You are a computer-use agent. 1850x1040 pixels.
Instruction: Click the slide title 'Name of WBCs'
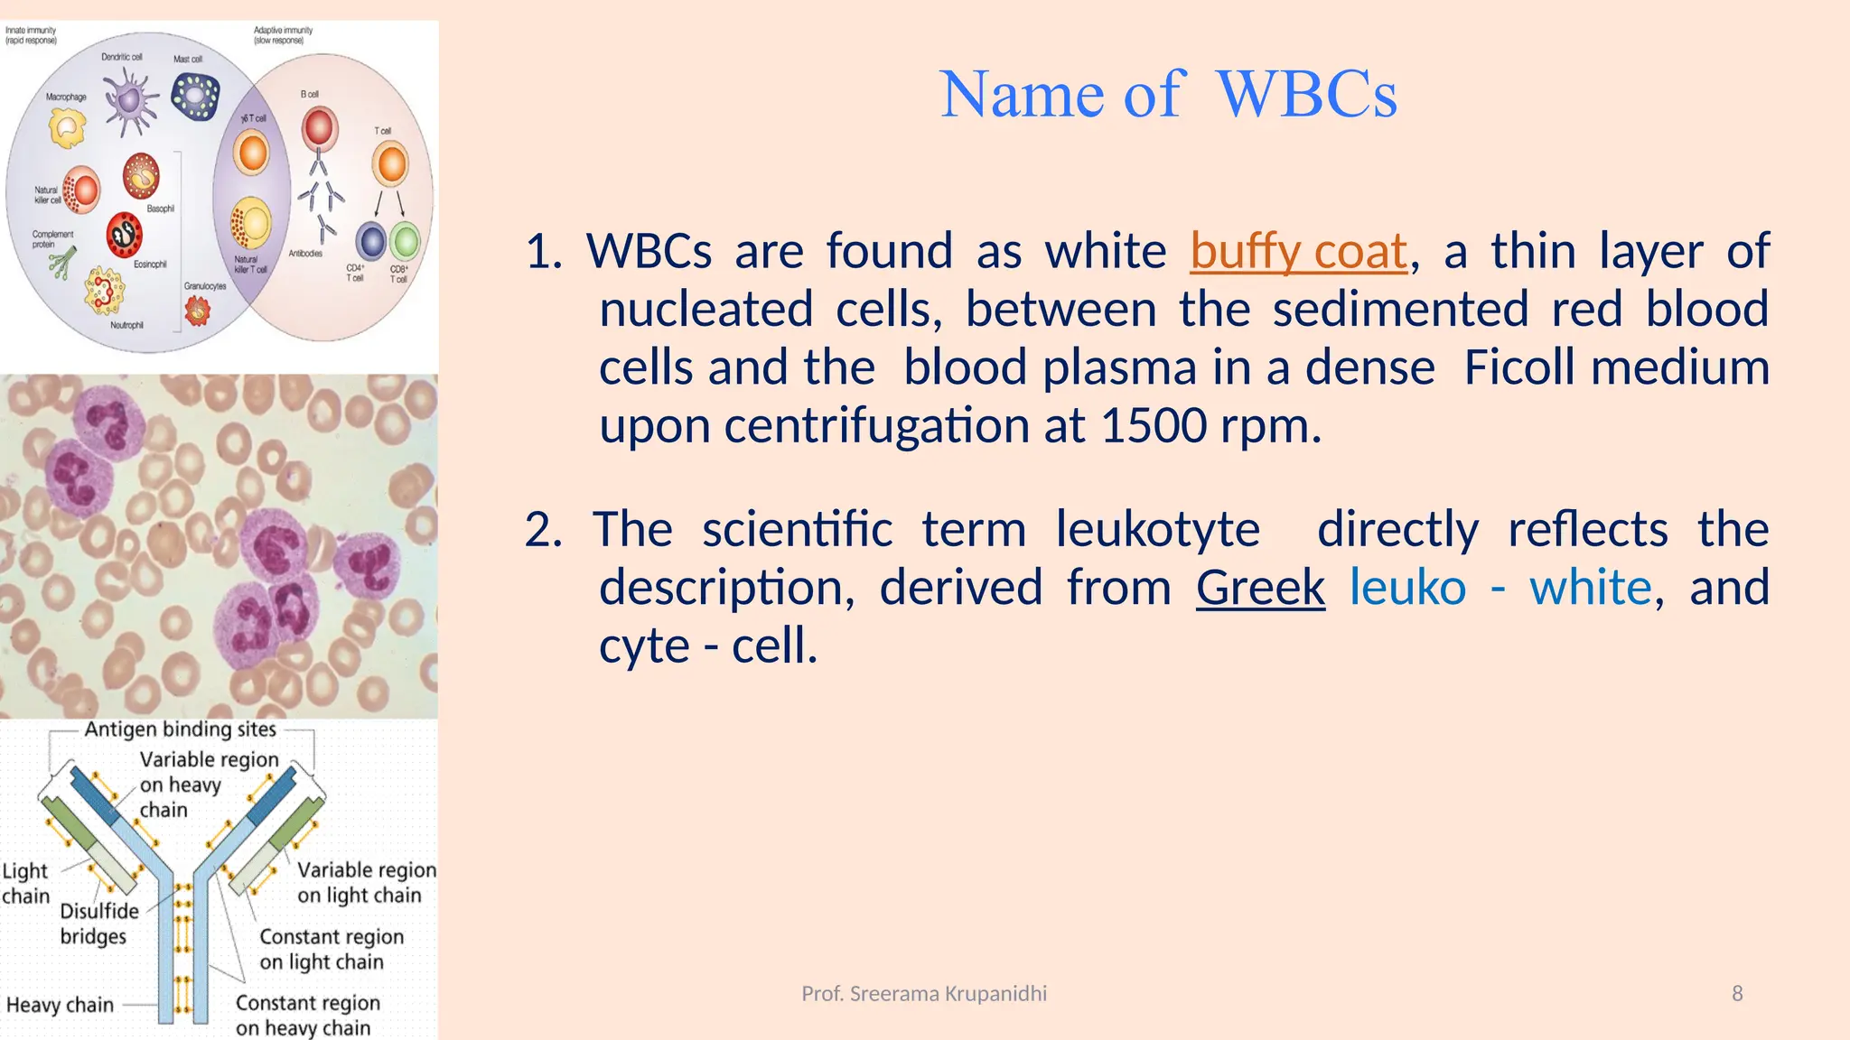click(1168, 94)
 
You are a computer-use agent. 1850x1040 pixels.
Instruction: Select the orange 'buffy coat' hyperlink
click(1298, 251)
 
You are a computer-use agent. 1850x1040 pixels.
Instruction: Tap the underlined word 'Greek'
click(1260, 588)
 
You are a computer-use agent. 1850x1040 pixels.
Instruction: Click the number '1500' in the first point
click(1154, 425)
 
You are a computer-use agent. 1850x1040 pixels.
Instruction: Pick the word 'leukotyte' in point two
click(1157, 529)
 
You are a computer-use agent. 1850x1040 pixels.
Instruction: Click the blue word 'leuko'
click(1407, 588)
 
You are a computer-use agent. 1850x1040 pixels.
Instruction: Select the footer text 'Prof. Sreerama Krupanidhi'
click(924, 994)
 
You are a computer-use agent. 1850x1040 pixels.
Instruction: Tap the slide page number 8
click(1736, 994)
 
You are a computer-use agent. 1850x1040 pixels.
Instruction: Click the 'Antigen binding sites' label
click(180, 729)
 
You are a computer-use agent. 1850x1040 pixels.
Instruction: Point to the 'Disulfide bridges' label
click(98, 924)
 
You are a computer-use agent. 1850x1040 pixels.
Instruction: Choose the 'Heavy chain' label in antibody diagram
click(60, 1005)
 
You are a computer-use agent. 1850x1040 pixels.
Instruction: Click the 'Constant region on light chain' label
click(331, 950)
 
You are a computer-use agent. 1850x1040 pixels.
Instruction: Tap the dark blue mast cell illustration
click(196, 96)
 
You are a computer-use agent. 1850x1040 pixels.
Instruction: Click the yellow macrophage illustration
click(67, 127)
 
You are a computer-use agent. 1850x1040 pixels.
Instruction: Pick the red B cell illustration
click(319, 128)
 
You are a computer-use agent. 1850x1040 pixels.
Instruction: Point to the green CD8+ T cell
click(406, 241)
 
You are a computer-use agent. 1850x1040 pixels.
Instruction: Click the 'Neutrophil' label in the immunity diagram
click(126, 325)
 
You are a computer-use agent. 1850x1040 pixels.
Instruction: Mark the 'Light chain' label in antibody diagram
click(25, 883)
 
